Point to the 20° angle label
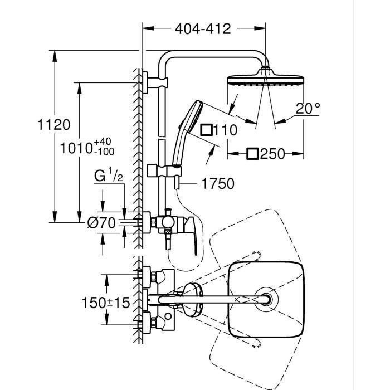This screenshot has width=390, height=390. (x=308, y=108)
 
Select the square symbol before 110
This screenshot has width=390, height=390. (x=206, y=130)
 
